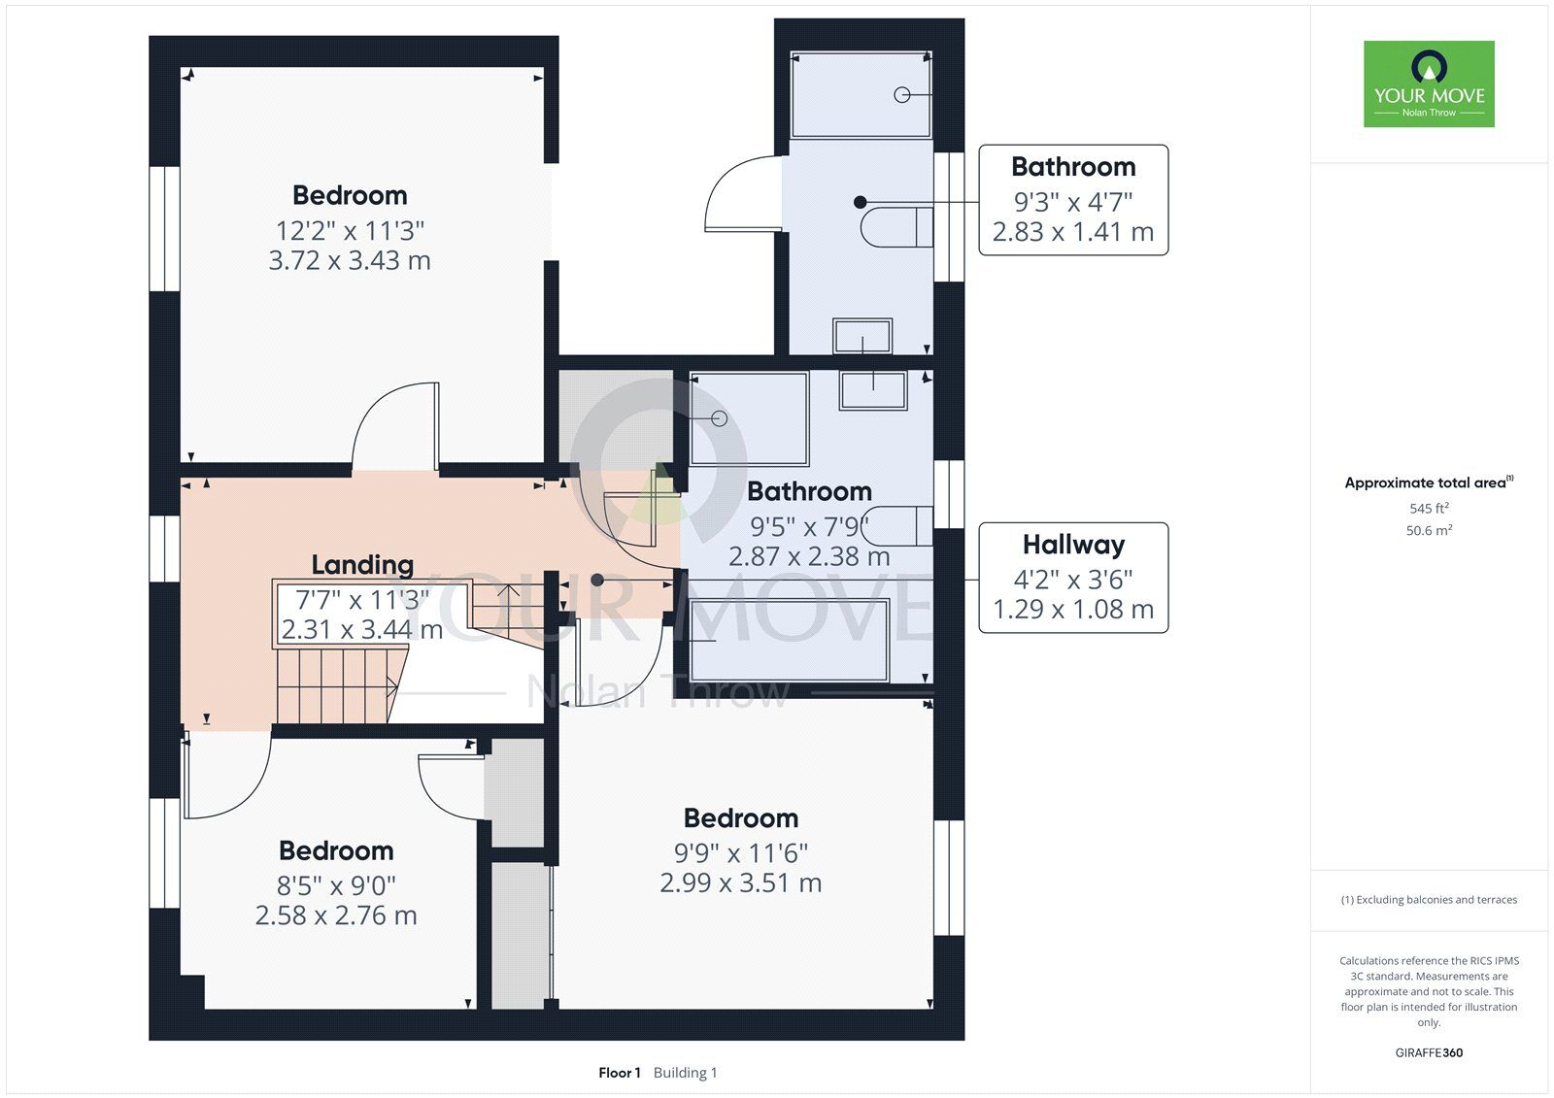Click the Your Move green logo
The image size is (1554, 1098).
pos(1429,83)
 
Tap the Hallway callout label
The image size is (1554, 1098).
pos(1073,545)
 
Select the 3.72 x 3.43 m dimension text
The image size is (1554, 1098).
pos(350,261)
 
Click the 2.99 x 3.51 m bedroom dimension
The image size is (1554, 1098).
pos(740,883)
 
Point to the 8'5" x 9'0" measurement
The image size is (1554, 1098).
pos(336,885)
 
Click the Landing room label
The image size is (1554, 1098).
pos(362,565)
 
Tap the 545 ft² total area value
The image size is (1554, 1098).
pos(1429,508)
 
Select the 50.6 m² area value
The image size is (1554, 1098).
pos(1429,530)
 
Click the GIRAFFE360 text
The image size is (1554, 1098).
pos(1429,1052)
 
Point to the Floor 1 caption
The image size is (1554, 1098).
pos(619,1073)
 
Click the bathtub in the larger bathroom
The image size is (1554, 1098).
pos(790,640)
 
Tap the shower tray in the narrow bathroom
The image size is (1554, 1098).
pos(861,94)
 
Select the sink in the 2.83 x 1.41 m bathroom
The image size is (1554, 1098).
pos(862,337)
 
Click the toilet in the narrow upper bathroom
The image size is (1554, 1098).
pos(896,226)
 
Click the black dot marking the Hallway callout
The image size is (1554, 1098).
pos(597,580)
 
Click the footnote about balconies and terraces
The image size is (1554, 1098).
pos(1429,900)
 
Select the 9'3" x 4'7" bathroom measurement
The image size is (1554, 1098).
pos(1073,203)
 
